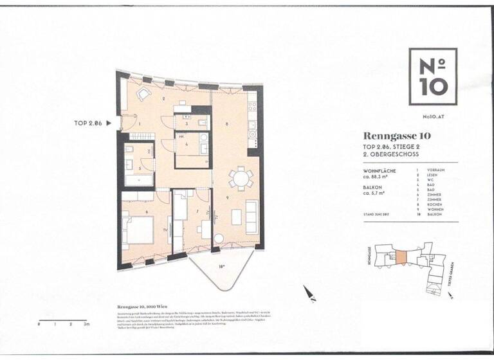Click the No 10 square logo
tap(433, 76)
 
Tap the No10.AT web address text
tap(433, 116)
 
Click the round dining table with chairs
tap(241, 177)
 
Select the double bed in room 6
tap(138, 231)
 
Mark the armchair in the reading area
tap(142, 95)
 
